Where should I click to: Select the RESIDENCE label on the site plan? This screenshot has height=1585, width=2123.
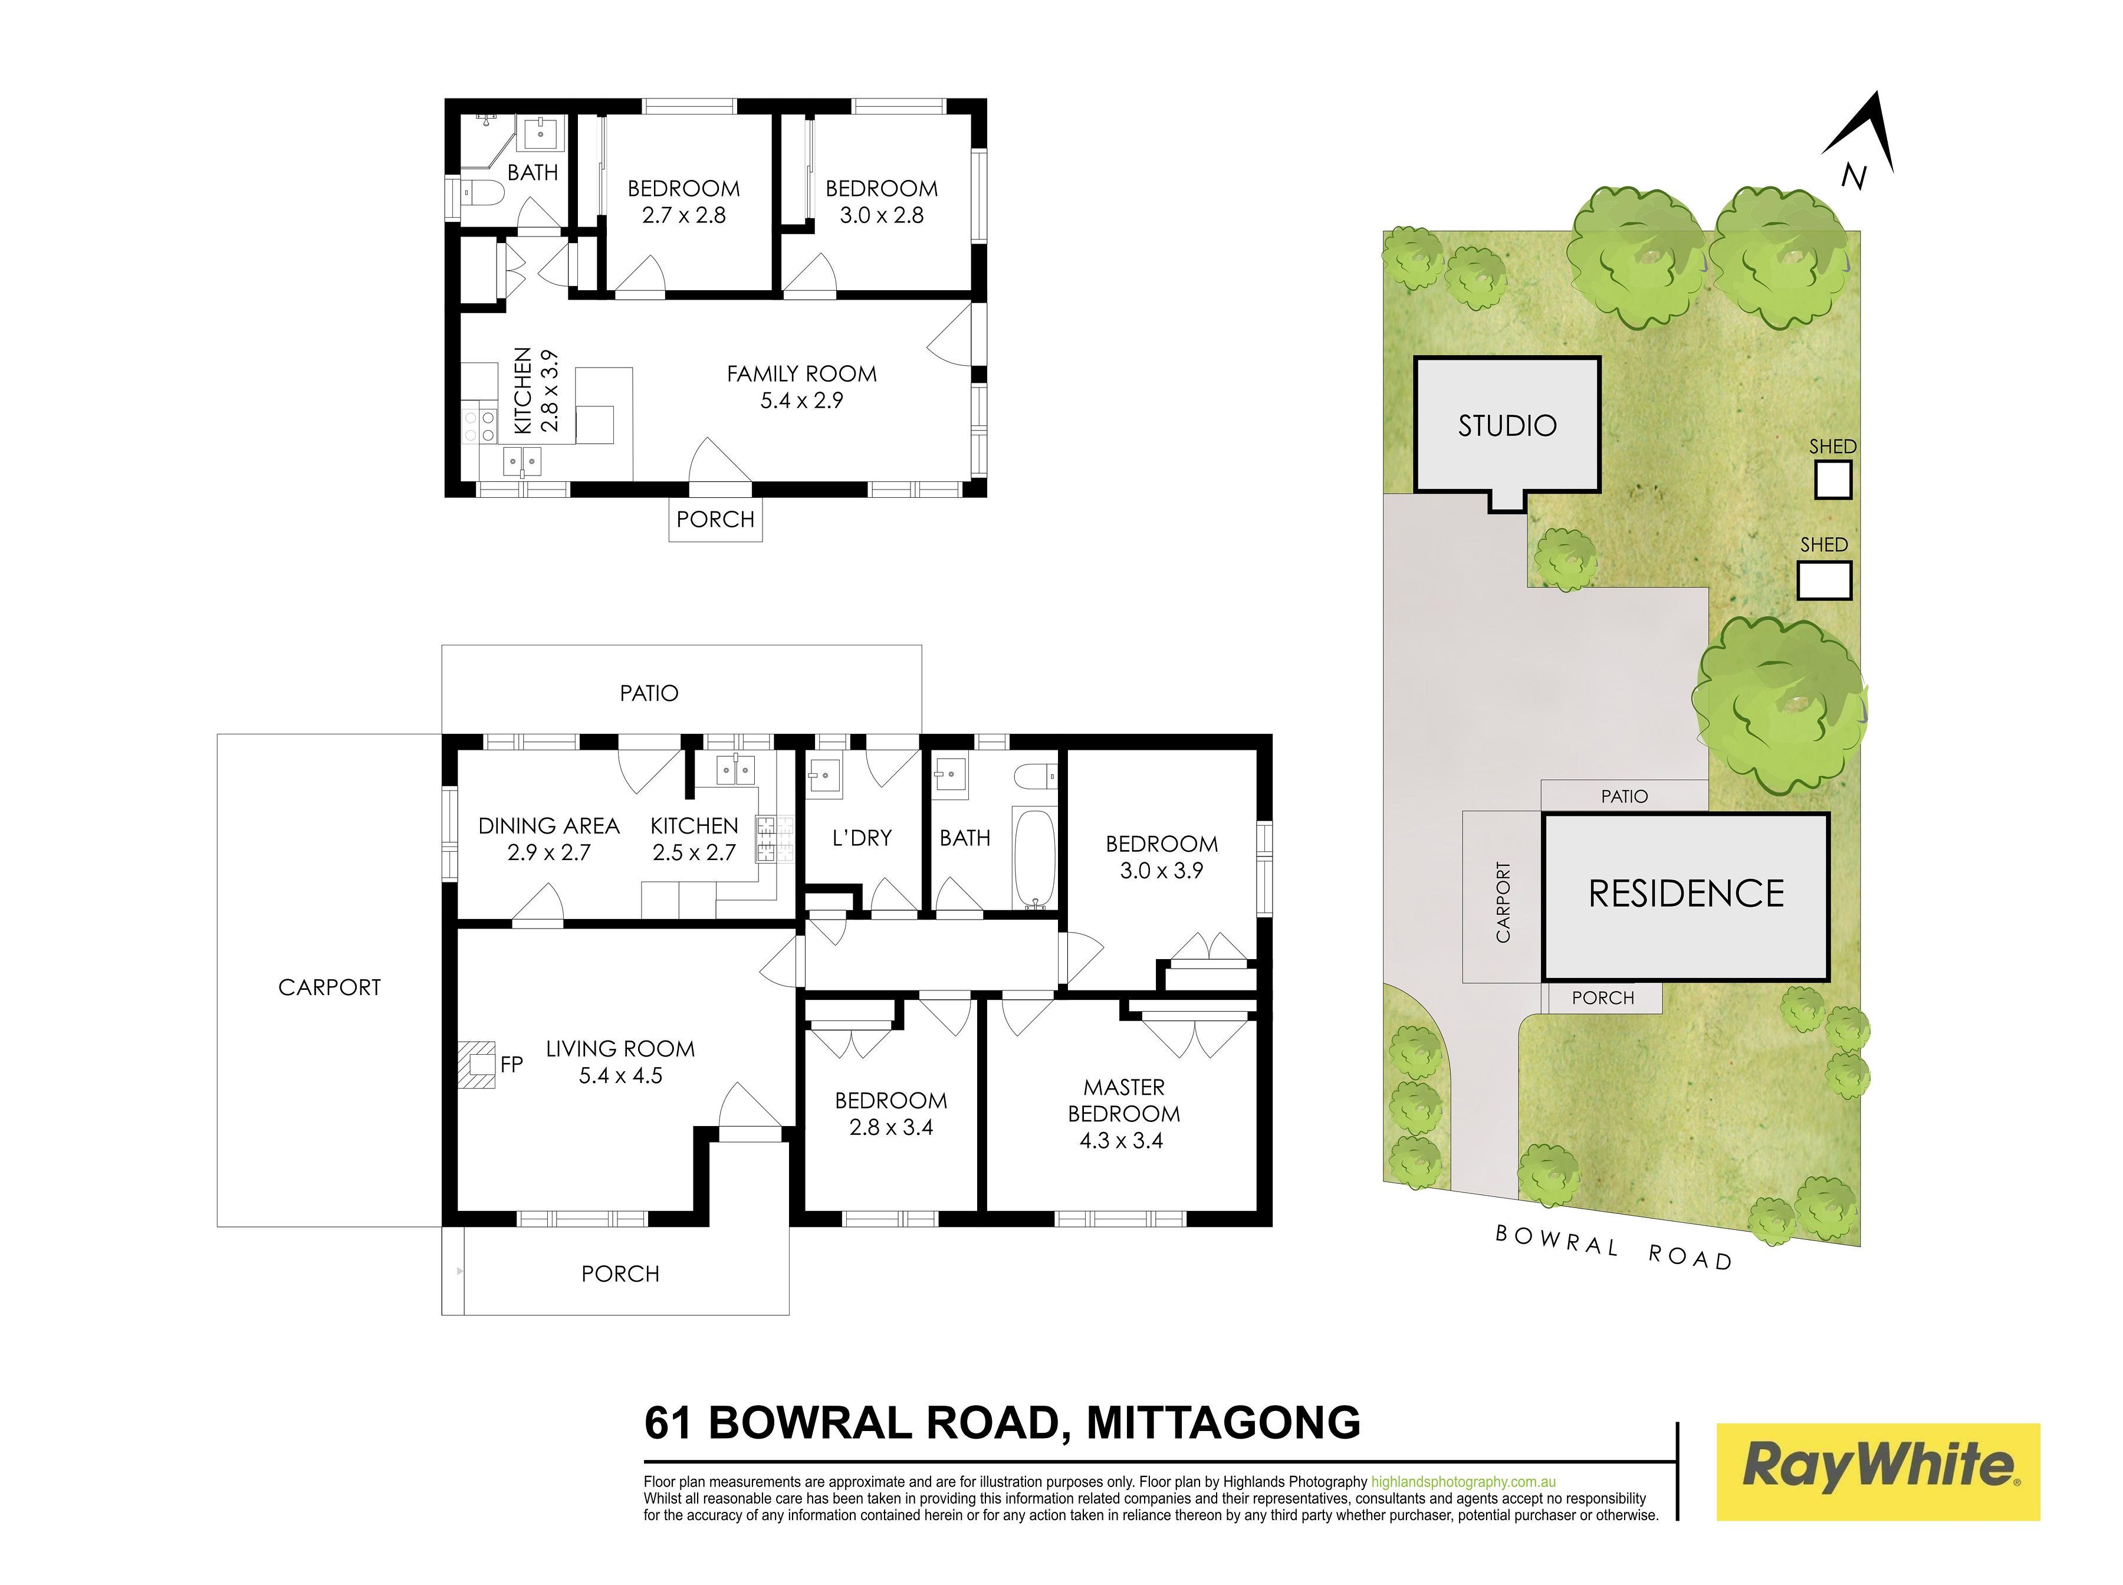point(1685,893)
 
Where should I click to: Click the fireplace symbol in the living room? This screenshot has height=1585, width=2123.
point(476,1064)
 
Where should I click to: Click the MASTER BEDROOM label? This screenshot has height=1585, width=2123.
point(1123,1113)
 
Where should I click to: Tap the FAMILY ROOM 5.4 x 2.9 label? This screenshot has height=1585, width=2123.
point(801,386)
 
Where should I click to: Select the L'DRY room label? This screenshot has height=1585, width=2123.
point(862,838)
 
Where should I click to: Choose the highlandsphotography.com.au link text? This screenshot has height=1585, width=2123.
point(1463,1481)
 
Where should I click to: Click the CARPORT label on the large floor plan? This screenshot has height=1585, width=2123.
point(329,987)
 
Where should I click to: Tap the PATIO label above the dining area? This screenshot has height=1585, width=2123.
point(649,693)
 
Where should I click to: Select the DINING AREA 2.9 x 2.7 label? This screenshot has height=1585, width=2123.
point(549,839)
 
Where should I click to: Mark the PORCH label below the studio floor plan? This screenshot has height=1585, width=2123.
point(715,519)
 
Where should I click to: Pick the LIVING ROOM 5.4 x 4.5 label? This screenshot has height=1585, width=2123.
point(620,1062)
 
